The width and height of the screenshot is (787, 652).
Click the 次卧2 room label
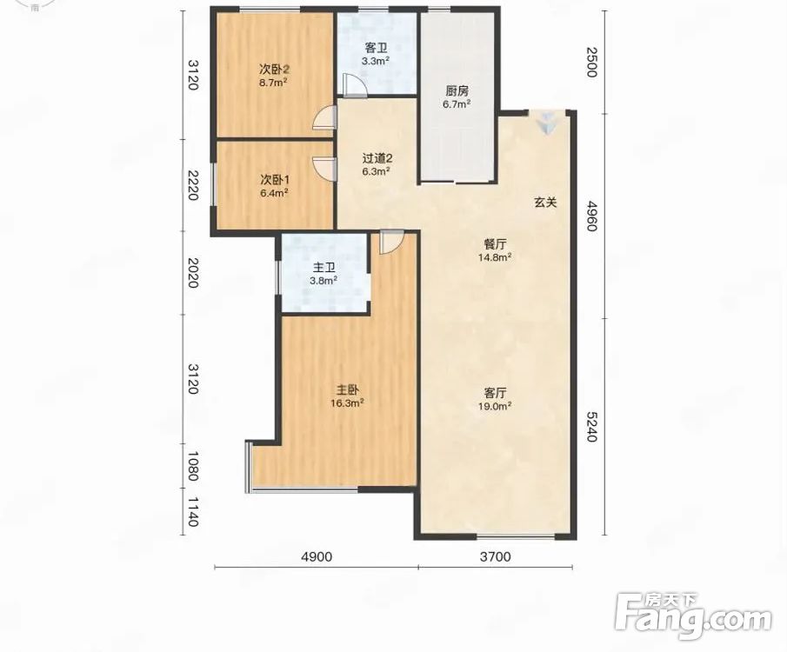[x=274, y=69]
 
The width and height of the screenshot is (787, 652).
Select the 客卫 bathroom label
[x=376, y=48]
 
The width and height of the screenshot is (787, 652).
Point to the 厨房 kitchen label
[x=457, y=91]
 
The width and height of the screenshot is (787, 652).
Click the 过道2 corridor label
[x=377, y=158]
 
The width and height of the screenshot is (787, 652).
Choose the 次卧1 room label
[x=275, y=179]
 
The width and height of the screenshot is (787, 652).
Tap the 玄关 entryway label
[x=545, y=203]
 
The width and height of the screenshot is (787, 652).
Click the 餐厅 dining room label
[x=495, y=244]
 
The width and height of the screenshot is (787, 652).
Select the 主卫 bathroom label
[x=323, y=269]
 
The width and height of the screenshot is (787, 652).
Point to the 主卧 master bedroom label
[x=347, y=390]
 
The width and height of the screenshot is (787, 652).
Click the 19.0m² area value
[x=495, y=406]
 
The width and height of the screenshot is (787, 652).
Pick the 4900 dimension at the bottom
[x=316, y=556]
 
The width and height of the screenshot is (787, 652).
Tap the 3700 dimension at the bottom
[x=495, y=556]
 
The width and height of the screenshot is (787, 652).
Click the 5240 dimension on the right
[x=591, y=426]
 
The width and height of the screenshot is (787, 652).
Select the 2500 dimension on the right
[x=591, y=61]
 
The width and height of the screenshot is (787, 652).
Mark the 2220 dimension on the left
[x=193, y=184]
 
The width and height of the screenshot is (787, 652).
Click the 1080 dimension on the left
[x=193, y=466]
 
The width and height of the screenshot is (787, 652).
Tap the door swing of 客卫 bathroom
[x=356, y=85]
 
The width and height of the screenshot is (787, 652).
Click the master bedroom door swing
[x=391, y=242]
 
